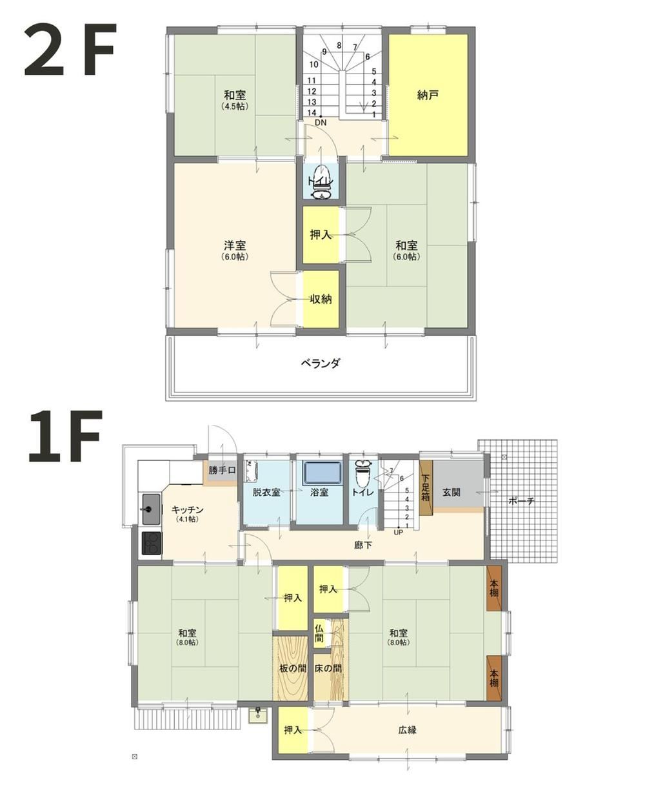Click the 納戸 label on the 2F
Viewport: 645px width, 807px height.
point(427,96)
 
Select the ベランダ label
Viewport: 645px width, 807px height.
point(321,363)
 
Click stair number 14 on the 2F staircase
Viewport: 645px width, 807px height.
point(312,112)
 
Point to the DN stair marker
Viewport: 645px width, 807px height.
point(321,123)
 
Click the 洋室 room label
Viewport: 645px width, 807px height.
point(235,245)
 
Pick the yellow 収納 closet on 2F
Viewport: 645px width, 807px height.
point(321,300)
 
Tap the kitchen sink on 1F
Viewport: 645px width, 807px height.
point(151,509)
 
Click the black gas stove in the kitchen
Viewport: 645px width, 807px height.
point(152,544)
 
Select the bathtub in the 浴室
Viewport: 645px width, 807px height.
point(322,473)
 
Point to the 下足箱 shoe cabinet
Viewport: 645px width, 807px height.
point(426,487)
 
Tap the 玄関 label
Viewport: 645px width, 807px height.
point(451,493)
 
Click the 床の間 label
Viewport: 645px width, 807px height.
point(328,668)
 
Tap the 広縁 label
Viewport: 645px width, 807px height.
point(408,730)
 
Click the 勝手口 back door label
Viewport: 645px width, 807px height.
point(223,470)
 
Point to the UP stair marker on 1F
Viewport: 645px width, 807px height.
point(398,532)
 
